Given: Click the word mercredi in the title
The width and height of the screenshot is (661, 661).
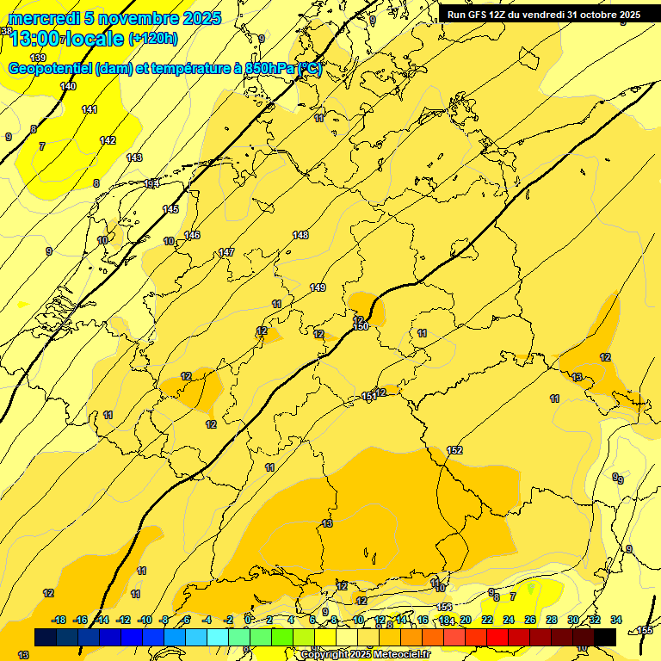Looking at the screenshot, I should pyautogui.click(x=42, y=18).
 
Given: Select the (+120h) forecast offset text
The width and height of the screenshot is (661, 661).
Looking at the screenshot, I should pyautogui.click(x=153, y=38).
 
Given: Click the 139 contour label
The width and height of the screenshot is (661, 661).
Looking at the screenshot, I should pyautogui.click(x=38, y=58).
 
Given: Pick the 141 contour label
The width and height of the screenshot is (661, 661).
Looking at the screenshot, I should pyautogui.click(x=90, y=109).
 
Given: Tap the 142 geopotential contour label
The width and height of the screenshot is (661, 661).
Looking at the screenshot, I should pyautogui.click(x=108, y=140).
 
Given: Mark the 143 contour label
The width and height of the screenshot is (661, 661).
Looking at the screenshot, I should pyautogui.click(x=134, y=158).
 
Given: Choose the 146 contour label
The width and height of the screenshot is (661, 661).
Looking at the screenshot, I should pyautogui.click(x=192, y=235).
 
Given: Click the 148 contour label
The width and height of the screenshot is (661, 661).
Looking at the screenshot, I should pyautogui.click(x=300, y=235).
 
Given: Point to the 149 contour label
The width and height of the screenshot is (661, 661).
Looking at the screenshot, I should pyautogui.click(x=318, y=287).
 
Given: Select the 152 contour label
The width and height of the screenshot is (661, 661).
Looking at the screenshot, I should pyautogui.click(x=455, y=450).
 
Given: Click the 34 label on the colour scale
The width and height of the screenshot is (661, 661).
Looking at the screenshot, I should pyautogui.click(x=616, y=620).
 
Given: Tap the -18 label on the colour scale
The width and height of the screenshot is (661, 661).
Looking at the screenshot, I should pyautogui.click(x=59, y=620).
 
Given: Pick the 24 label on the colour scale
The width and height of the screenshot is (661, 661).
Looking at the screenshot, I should pyautogui.click(x=509, y=620).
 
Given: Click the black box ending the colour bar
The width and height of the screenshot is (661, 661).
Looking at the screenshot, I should pyautogui.click(x=605, y=637).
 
